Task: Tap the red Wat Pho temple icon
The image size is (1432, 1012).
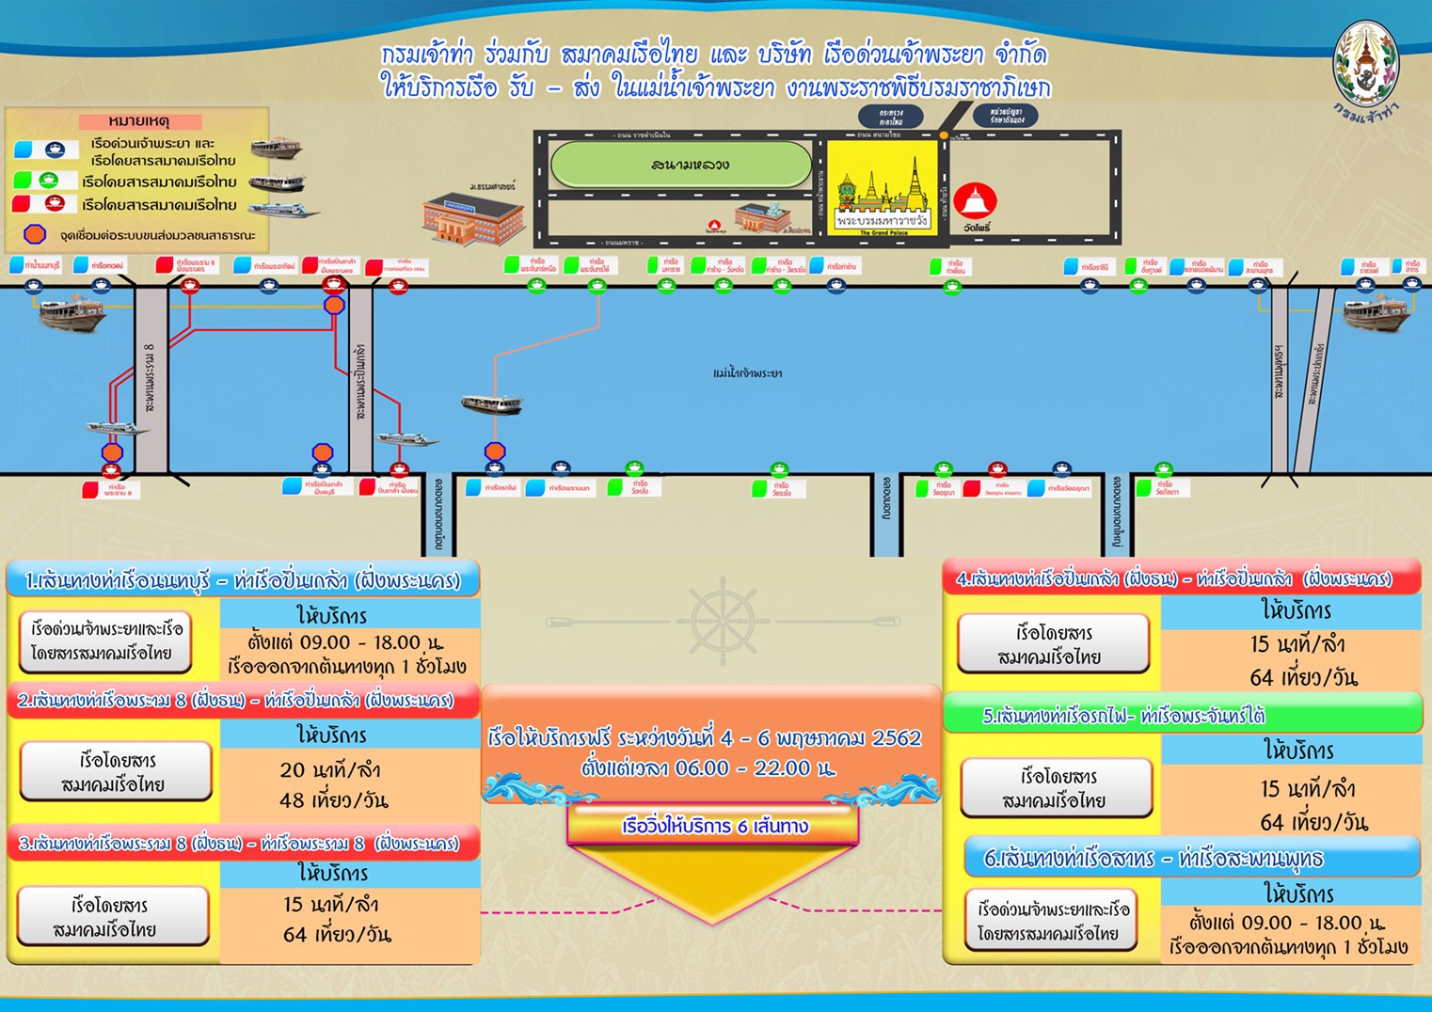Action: pyautogui.click(x=975, y=200)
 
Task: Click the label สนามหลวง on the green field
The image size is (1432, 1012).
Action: pyautogui.click(x=690, y=166)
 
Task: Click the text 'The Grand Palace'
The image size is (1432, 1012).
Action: pyautogui.click(x=883, y=232)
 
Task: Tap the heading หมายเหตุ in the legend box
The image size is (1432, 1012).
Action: pyautogui.click(x=139, y=121)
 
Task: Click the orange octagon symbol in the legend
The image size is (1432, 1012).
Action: pyautogui.click(x=35, y=233)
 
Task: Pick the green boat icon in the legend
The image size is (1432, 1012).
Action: pyautogui.click(x=49, y=181)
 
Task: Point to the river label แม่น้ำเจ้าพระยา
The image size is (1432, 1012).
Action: pyautogui.click(x=747, y=373)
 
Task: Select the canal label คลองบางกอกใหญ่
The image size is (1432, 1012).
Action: pyautogui.click(x=1116, y=512)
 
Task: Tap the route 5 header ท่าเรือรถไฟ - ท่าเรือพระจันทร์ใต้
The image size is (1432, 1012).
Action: pyautogui.click(x=1123, y=716)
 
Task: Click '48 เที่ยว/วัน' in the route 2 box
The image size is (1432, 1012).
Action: pyautogui.click(x=334, y=800)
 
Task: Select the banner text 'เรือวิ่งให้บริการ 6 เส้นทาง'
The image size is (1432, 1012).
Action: pyautogui.click(x=715, y=827)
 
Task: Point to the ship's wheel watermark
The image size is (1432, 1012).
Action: pyautogui.click(x=722, y=622)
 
